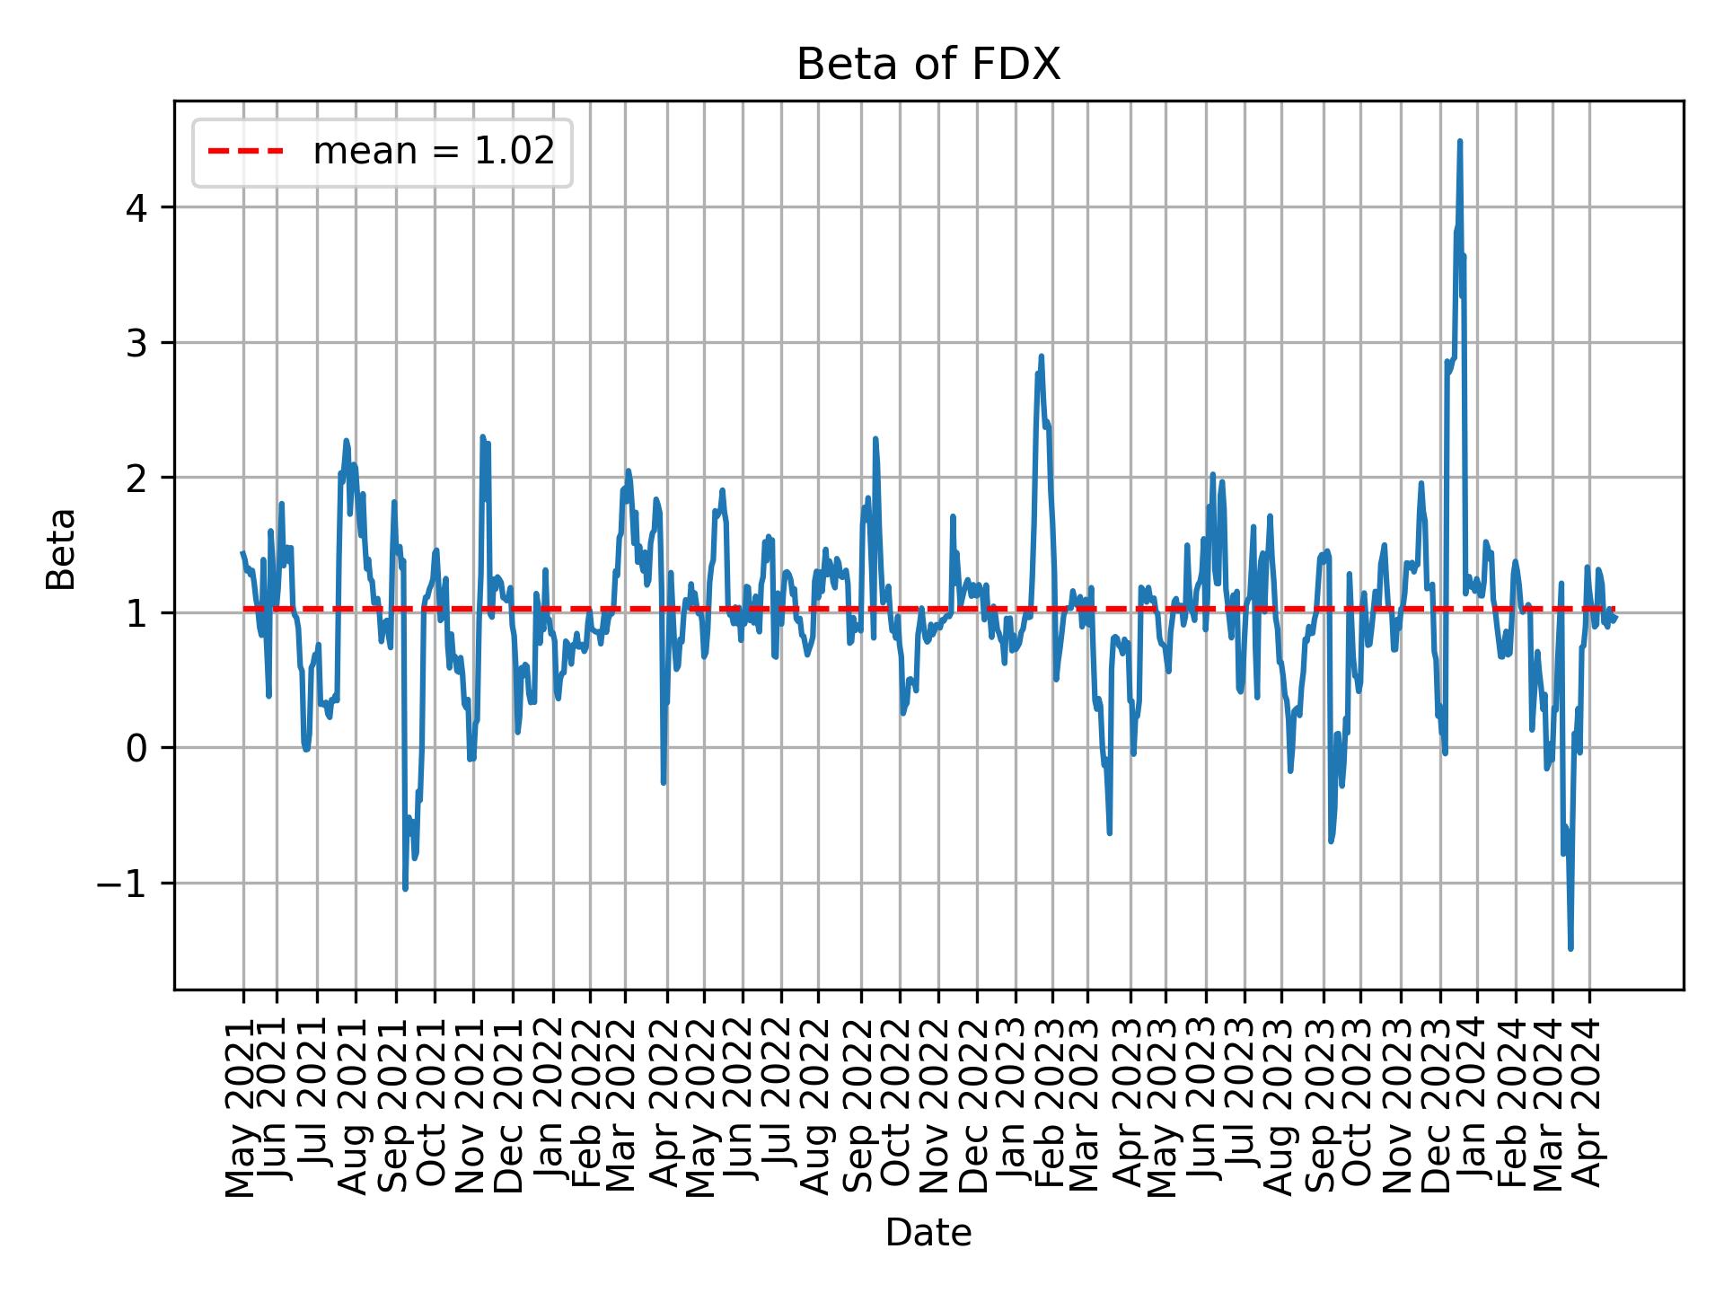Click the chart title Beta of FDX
click(x=928, y=65)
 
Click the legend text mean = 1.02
click(x=433, y=152)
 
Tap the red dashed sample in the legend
click(x=245, y=152)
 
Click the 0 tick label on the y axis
click(x=136, y=748)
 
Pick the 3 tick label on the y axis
click(x=136, y=343)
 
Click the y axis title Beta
click(x=61, y=549)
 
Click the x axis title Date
click(x=928, y=1233)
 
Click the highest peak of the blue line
click(x=1460, y=141)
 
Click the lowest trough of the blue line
click(x=1570, y=948)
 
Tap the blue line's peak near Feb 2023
click(x=1042, y=356)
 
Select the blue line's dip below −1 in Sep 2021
click(x=405, y=888)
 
